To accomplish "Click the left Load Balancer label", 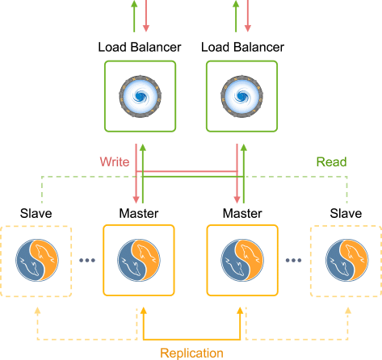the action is [x=140, y=47].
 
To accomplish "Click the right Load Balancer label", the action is [x=242, y=47].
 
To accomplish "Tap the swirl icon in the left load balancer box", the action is [x=140, y=96].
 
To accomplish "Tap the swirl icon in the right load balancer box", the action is [x=241, y=96].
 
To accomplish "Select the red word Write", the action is [x=115, y=162].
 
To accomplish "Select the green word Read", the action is [x=331, y=162].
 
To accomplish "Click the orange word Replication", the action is [x=191, y=354].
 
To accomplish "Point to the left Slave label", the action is [x=36, y=213].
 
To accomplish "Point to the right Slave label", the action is [x=346, y=213].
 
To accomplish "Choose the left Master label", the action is [x=139, y=213].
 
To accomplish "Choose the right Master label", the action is [x=242, y=213].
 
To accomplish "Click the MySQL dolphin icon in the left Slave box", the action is [x=37, y=260].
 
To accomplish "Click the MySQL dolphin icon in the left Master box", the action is [x=139, y=260].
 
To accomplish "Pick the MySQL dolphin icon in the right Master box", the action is [x=242, y=260].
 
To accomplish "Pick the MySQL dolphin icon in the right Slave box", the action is [x=347, y=260].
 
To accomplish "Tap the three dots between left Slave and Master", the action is [x=87, y=260].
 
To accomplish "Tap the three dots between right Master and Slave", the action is [x=293, y=260].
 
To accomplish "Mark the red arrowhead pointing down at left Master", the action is [x=136, y=199].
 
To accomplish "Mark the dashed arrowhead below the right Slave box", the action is [x=348, y=311].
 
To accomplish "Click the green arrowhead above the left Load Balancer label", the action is [x=134, y=4].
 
